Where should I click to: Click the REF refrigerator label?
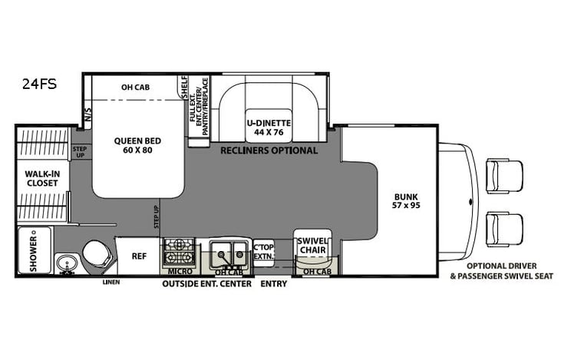point(139,256)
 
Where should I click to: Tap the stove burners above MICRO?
point(179,251)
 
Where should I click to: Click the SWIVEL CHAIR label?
point(312,246)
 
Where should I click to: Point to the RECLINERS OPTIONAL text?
point(269,150)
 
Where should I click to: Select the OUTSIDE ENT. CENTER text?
point(206,284)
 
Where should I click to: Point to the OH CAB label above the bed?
point(136,87)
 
